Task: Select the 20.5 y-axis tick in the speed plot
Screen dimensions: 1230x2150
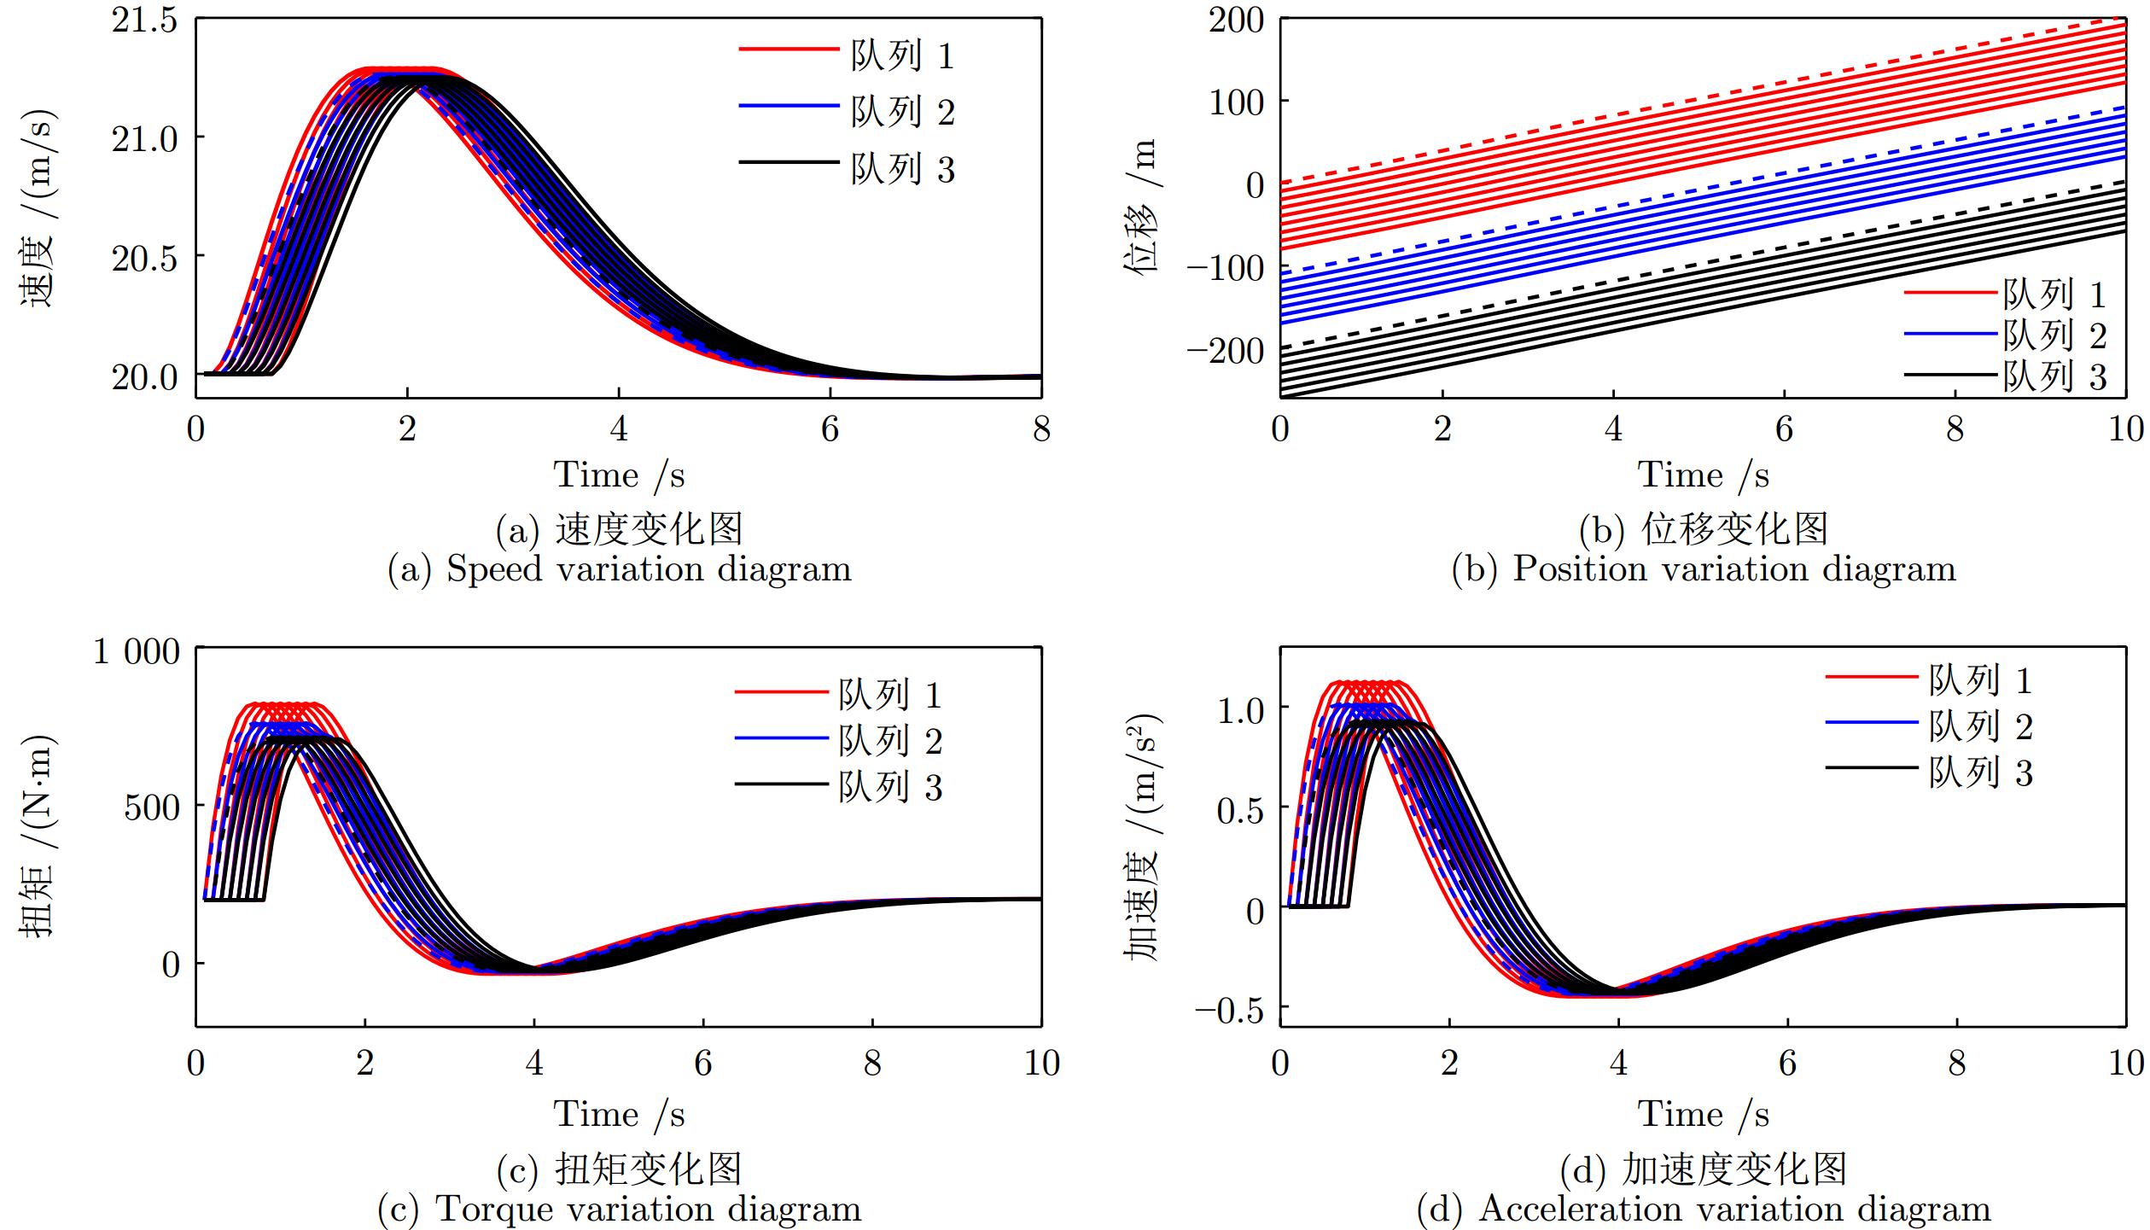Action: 144,258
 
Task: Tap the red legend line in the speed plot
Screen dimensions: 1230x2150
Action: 789,50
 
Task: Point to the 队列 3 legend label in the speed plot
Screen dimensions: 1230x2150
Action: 902,169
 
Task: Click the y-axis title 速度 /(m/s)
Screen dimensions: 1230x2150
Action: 38,209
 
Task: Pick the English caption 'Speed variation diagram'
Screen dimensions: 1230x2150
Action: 649,569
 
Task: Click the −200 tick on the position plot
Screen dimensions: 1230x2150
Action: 1224,350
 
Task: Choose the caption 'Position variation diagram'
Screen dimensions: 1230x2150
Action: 1733,569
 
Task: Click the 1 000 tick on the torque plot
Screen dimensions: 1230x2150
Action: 137,652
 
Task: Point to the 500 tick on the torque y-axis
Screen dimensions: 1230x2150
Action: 152,807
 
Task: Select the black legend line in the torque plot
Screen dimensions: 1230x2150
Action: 781,784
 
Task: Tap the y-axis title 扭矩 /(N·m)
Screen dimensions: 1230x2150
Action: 38,836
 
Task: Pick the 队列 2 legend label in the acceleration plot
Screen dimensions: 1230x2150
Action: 1981,726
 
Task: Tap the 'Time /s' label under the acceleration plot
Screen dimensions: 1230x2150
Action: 1702,1115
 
